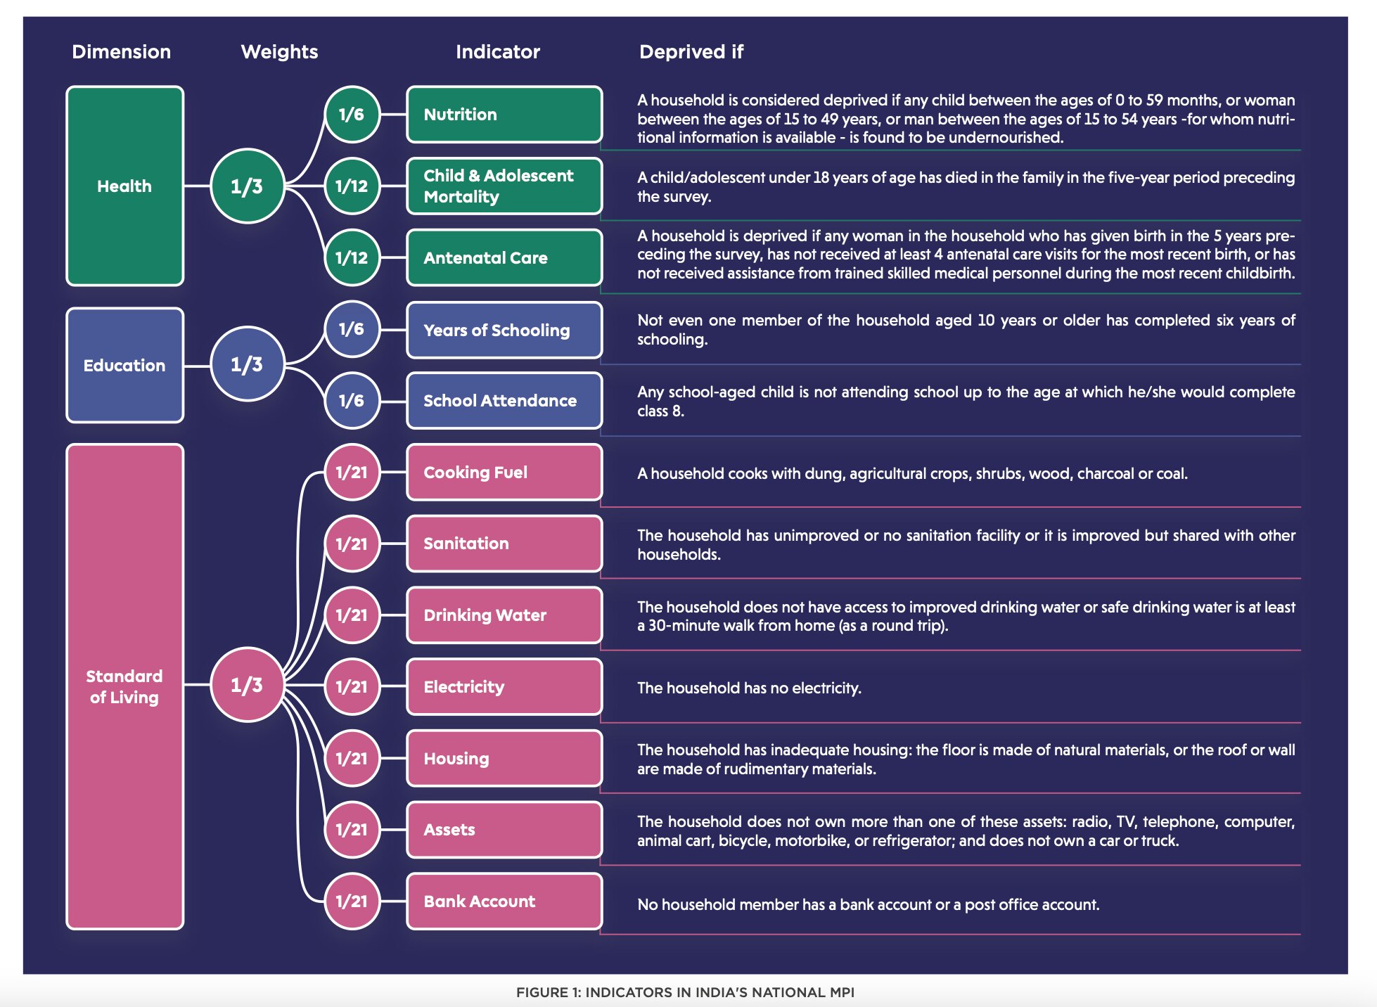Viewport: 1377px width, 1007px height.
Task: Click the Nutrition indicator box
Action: pyautogui.click(x=504, y=115)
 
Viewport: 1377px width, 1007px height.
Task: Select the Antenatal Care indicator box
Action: pyautogui.click(x=504, y=257)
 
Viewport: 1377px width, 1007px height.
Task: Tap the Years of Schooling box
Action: pyautogui.click(x=504, y=330)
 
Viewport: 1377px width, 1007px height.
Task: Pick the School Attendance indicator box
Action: pyautogui.click(x=504, y=401)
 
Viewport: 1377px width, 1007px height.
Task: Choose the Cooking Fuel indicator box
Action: pyautogui.click(x=504, y=473)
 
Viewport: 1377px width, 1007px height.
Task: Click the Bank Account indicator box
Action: pyautogui.click(x=504, y=902)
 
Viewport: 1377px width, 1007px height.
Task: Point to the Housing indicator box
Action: pyautogui.click(x=504, y=758)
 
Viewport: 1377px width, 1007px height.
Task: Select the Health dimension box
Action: pyautogui.click(x=125, y=186)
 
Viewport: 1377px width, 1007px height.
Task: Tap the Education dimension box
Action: pyautogui.click(x=125, y=365)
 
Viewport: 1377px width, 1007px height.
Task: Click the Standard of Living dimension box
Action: pyautogui.click(x=125, y=687)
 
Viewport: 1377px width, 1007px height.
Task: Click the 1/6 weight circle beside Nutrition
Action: pyautogui.click(x=352, y=114)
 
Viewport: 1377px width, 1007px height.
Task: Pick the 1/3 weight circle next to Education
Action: pyautogui.click(x=248, y=364)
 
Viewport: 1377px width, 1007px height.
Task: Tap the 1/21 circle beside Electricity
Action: pyautogui.click(x=352, y=686)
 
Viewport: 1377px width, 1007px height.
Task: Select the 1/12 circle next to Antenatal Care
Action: pyautogui.click(x=352, y=257)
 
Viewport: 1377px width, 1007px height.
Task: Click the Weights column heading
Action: pyautogui.click(x=279, y=52)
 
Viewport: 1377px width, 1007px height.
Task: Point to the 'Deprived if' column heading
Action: pyautogui.click(x=691, y=52)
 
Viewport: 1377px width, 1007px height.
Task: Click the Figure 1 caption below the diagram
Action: pyautogui.click(x=686, y=992)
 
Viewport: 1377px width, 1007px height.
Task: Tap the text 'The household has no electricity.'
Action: pyautogui.click(x=749, y=688)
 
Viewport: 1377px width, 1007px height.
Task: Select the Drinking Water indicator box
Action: pyautogui.click(x=504, y=615)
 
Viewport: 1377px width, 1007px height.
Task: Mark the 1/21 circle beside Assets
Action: pyautogui.click(x=352, y=830)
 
